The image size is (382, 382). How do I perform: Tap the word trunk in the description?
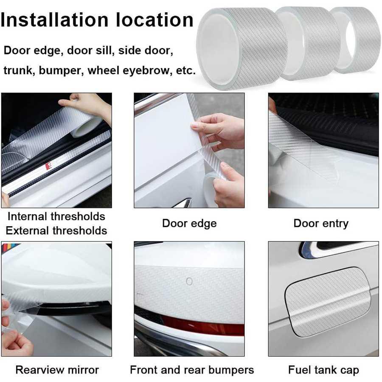click(17, 70)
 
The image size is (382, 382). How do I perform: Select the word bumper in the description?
click(60, 71)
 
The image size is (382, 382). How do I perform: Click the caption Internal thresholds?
click(56, 216)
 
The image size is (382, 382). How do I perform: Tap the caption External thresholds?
click(56, 230)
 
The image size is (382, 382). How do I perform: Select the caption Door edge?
click(189, 224)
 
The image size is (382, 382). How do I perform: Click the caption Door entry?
click(321, 224)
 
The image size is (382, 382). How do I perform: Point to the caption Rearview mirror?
click(57, 370)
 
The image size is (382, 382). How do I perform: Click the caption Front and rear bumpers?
click(192, 370)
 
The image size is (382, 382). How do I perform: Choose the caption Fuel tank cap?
click(323, 370)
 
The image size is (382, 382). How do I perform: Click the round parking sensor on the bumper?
click(189, 281)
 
